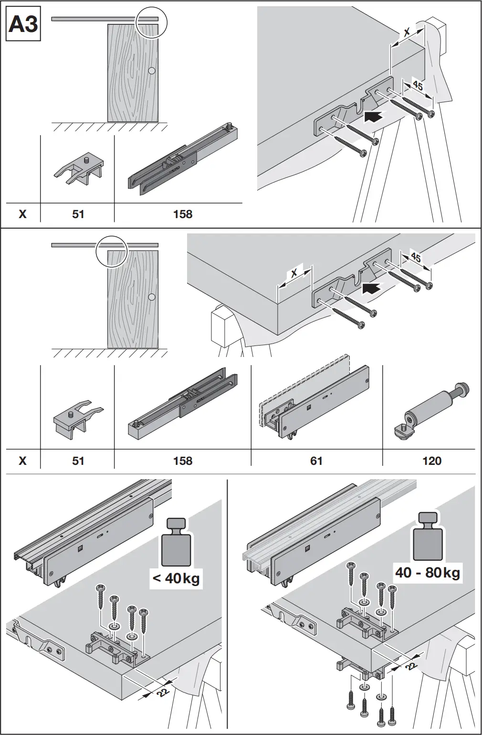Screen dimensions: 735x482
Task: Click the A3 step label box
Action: (23, 23)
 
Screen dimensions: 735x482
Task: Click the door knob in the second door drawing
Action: (152, 297)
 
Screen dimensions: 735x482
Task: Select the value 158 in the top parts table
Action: (182, 214)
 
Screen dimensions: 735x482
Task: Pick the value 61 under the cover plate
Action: (316, 461)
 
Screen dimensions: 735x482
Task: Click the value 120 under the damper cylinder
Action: (431, 461)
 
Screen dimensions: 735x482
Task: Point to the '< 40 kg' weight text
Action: (176, 578)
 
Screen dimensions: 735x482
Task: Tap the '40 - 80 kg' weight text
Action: (427, 572)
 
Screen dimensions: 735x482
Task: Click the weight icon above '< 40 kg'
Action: (176, 544)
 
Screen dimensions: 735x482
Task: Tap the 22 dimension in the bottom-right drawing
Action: (410, 666)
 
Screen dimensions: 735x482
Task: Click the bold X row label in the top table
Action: (22, 214)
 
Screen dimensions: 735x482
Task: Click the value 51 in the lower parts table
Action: (78, 461)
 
